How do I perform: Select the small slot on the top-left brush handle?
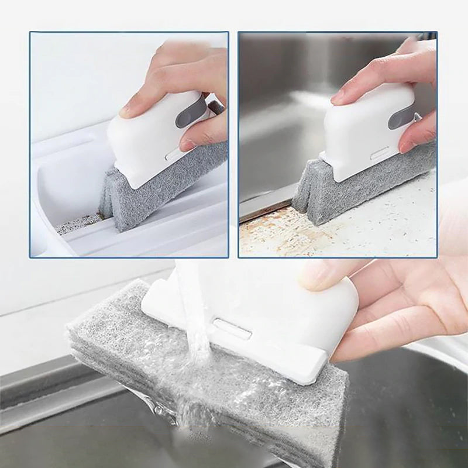pyautogui.click(x=173, y=154)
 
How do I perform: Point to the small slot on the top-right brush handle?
pyautogui.click(x=380, y=156)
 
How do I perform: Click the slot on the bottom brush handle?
pyautogui.click(x=232, y=329)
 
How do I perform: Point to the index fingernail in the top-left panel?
pyautogui.click(x=129, y=109)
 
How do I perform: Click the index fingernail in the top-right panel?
pyautogui.click(x=338, y=98)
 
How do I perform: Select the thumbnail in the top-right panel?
pyautogui.click(x=407, y=146)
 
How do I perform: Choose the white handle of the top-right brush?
pyautogui.click(x=357, y=135)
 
